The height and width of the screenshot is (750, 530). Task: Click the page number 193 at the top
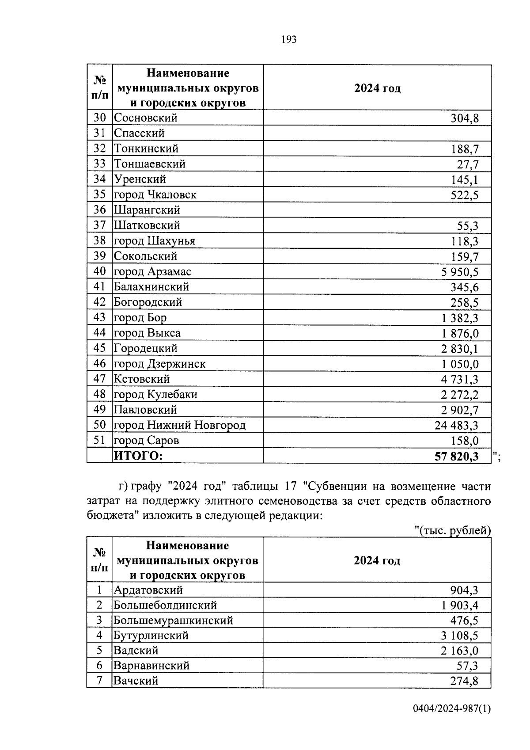[288, 40]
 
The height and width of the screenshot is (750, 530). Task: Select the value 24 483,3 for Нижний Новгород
[456, 426]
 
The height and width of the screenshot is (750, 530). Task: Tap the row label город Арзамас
[152, 271]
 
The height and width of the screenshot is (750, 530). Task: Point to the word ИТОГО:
[138, 456]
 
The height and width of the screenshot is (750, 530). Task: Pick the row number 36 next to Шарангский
[100, 210]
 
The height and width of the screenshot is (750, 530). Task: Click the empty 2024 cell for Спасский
[377, 133]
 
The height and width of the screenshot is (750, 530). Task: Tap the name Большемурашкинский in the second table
[173, 620]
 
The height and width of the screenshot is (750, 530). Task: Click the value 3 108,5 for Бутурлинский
[459, 636]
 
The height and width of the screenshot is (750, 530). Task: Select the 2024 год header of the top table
[377, 88]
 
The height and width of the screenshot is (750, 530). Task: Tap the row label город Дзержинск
[159, 364]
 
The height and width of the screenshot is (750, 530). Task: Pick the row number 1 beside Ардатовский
[99, 590]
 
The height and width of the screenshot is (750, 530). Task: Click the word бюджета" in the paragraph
[110, 516]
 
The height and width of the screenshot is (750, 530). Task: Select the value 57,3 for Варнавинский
[467, 666]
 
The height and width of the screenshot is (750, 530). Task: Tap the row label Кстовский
[142, 379]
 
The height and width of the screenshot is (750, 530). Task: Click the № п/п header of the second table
[99, 560]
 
